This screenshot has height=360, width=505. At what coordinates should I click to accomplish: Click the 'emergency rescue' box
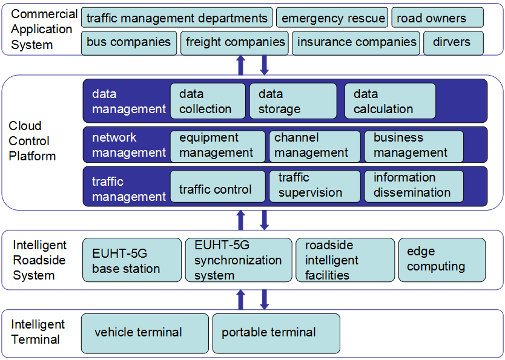(332, 18)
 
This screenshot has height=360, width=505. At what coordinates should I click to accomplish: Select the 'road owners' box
(437, 18)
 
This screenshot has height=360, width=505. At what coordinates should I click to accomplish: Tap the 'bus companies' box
(128, 43)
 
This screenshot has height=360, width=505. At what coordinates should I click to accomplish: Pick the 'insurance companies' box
(357, 43)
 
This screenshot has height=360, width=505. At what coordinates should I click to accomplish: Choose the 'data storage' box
(293, 101)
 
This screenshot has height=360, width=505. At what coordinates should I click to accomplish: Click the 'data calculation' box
(390, 101)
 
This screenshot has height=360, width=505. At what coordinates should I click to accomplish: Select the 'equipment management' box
(217, 146)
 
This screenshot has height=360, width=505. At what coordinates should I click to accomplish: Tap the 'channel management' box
(314, 146)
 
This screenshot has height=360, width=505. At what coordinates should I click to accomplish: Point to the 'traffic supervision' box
(314, 186)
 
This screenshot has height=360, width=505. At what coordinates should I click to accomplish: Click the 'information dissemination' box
(414, 186)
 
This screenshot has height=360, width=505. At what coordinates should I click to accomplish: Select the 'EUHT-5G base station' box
(132, 260)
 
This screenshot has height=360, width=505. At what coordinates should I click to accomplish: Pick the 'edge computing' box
(441, 260)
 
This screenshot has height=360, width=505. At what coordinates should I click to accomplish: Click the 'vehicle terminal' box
(145, 333)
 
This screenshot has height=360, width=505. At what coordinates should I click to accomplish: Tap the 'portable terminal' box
(276, 333)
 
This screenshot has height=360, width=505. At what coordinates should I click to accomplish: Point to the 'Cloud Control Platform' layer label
(32, 141)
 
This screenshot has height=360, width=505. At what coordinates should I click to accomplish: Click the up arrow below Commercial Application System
(240, 65)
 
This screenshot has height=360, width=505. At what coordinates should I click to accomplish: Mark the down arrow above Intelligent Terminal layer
(264, 299)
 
